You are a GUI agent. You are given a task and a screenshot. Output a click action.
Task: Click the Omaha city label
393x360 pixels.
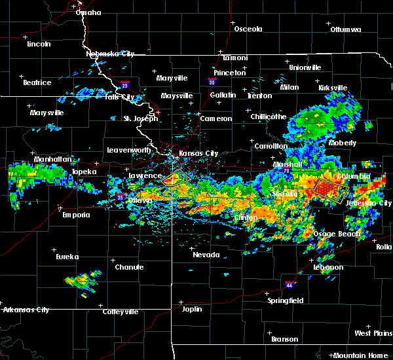88,12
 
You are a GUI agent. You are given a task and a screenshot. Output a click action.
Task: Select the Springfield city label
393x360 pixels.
285,300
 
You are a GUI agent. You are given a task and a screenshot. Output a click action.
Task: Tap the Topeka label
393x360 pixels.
84,171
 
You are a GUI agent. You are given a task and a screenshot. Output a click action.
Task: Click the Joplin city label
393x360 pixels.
192,308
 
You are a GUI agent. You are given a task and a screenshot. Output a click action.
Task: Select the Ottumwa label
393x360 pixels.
346,29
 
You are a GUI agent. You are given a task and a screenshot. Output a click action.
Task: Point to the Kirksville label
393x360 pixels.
332,88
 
